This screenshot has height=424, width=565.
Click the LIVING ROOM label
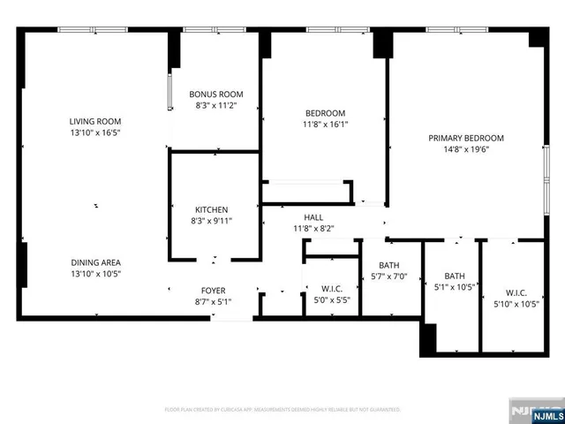click(x=96, y=121)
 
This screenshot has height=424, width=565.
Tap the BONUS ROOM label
click(x=216, y=95)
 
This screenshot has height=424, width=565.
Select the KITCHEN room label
click(x=212, y=209)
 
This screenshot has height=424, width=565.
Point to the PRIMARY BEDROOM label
click(x=466, y=138)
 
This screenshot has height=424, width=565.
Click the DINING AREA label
click(x=96, y=262)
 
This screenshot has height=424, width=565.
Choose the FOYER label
click(x=211, y=289)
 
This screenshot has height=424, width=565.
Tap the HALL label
click(x=313, y=216)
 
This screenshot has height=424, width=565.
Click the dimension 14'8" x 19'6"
click(x=466, y=149)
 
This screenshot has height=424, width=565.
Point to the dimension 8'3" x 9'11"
click(x=212, y=221)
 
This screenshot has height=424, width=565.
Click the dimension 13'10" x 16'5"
click(x=96, y=132)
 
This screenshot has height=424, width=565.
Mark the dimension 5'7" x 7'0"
click(x=389, y=276)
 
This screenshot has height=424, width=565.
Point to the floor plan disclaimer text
click(x=282, y=410)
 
